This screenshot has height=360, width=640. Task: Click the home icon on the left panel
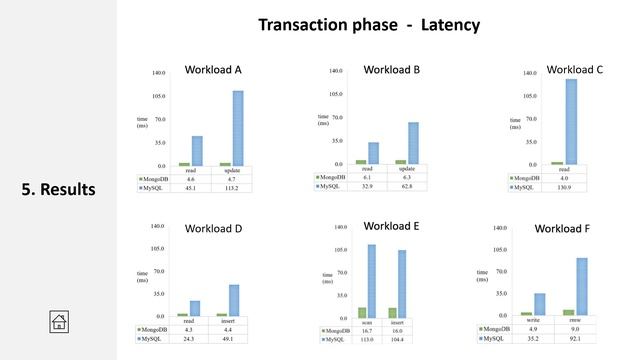(x=59, y=321)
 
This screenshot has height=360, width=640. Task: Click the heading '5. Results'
(x=58, y=189)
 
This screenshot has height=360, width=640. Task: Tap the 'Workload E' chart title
(x=391, y=226)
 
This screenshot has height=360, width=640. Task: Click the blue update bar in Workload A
(x=238, y=128)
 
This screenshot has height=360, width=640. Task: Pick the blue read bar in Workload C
(x=571, y=121)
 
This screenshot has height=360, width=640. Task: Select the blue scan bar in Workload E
(x=371, y=281)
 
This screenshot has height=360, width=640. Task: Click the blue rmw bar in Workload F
(x=582, y=287)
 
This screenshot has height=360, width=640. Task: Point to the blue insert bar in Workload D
(x=234, y=300)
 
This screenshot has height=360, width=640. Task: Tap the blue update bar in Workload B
(x=413, y=143)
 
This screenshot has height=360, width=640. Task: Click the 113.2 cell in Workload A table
(x=232, y=186)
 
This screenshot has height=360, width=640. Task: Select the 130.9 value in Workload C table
(x=565, y=187)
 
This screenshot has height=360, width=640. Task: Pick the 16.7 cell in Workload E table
(x=367, y=331)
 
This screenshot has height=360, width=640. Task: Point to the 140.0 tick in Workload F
(x=500, y=228)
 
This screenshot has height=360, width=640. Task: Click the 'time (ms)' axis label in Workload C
(x=516, y=123)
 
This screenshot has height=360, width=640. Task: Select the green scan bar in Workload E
(x=361, y=312)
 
